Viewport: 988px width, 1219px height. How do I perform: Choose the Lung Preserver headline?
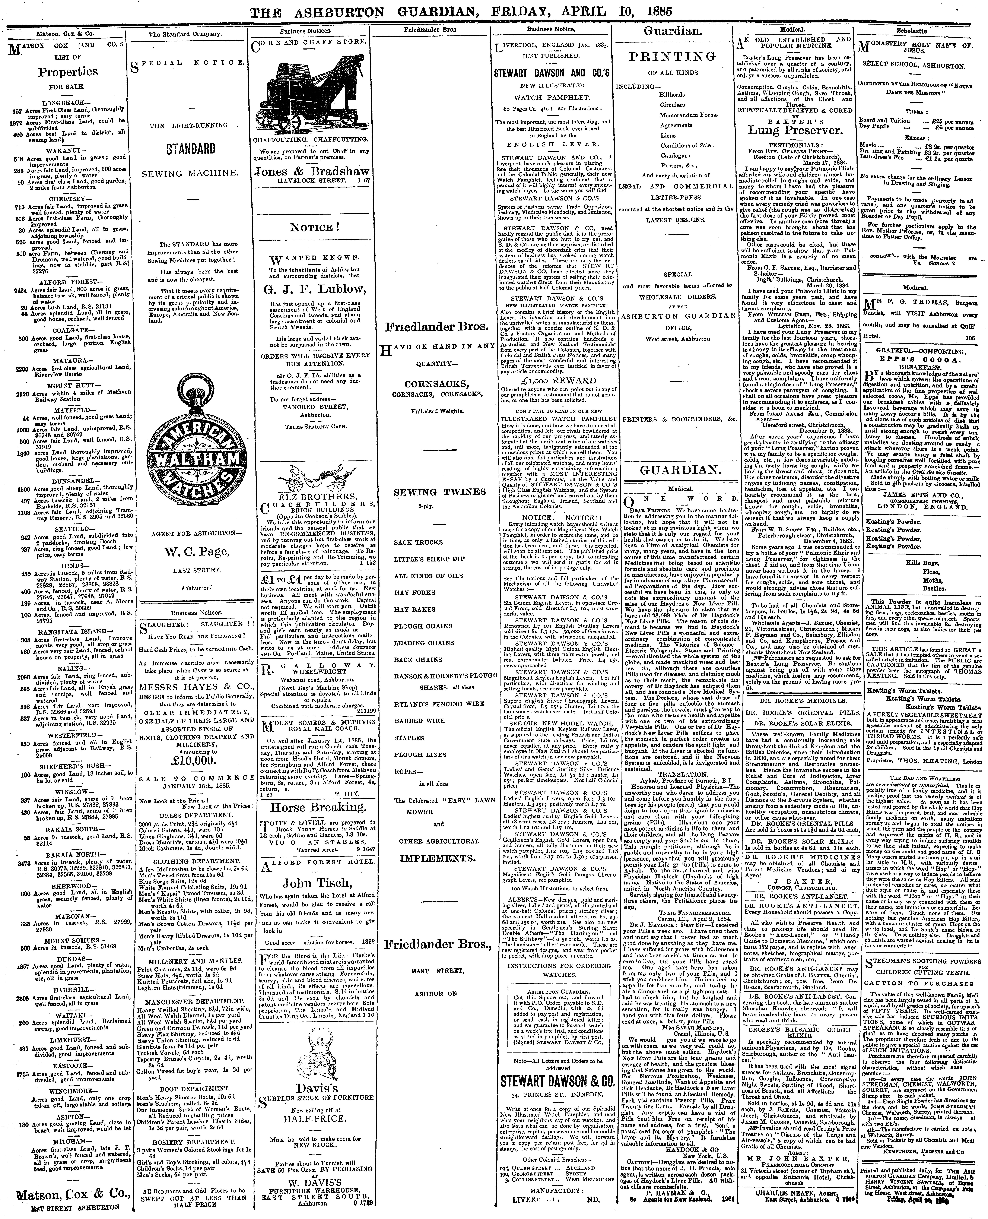coord(794,130)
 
